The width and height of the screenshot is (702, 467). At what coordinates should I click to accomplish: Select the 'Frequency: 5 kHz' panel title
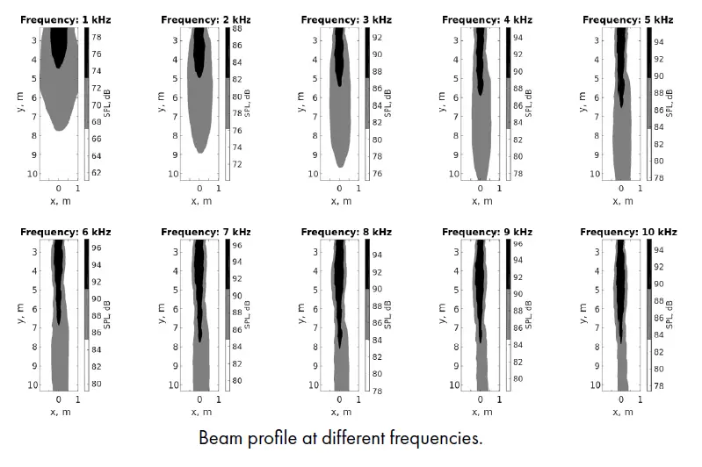pyautogui.click(x=628, y=19)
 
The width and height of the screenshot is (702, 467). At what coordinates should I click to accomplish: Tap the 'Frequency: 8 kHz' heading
pyautogui.click(x=344, y=232)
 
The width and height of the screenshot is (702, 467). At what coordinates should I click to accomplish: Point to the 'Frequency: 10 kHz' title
pyautogui.click(x=629, y=232)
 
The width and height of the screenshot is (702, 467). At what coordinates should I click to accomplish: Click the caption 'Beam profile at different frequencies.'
pyautogui.click(x=341, y=436)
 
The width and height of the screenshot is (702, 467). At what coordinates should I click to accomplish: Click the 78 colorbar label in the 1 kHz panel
pyautogui.click(x=98, y=37)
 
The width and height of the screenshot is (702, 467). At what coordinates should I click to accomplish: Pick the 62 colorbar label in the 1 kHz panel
pyautogui.click(x=98, y=172)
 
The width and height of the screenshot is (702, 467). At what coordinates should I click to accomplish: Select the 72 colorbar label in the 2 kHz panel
pyautogui.click(x=237, y=164)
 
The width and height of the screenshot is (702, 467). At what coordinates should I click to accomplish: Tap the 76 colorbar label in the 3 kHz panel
pyautogui.click(x=377, y=173)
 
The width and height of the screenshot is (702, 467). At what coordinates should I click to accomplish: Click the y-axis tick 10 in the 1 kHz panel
pyautogui.click(x=33, y=173)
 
